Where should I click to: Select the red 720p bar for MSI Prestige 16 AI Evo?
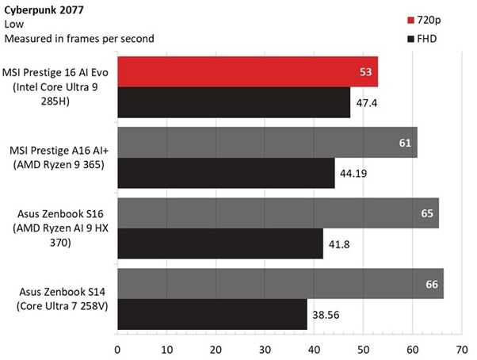pyautogui.click(x=247, y=73)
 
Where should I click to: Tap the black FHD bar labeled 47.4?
pyautogui.click(x=234, y=101)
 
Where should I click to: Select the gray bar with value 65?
pyautogui.click(x=277, y=213)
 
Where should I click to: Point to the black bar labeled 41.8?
pyautogui.click(x=219, y=243)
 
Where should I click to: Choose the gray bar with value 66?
pyautogui.click(x=280, y=284)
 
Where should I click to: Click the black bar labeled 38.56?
pyautogui.click(x=212, y=313)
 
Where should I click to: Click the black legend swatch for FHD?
pyautogui.click(x=410, y=38)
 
